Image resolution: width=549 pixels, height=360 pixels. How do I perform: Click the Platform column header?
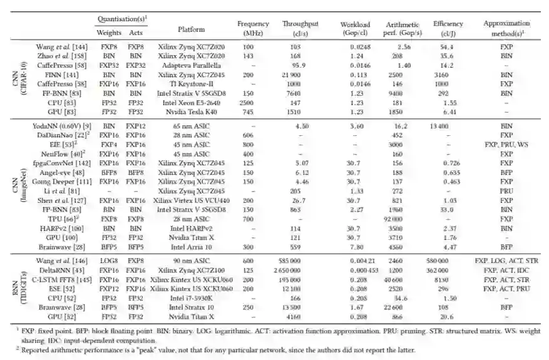pos(191,29)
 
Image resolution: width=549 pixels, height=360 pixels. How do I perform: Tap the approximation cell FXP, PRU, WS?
pos(506,143)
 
